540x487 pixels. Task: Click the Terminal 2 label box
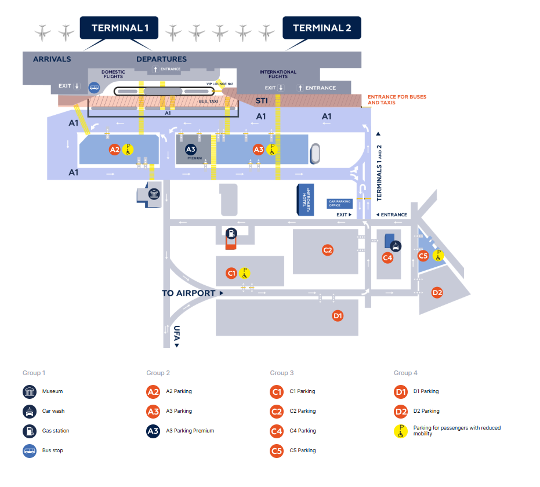pos(322,28)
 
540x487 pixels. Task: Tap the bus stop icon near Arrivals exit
pos(94,87)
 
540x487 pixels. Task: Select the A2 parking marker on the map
pos(115,150)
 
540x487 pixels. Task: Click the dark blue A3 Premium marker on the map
pos(191,150)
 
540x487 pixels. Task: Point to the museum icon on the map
pos(154,195)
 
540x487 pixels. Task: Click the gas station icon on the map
pos(231,234)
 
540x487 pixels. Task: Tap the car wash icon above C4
pos(395,245)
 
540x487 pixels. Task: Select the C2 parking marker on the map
pos(328,250)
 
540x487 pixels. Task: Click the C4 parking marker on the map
pos(387,257)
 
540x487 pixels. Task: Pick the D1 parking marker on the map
pos(338,315)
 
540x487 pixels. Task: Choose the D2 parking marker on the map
pos(437,293)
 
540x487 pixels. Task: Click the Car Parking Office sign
pos(340,203)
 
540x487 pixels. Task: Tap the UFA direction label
pos(176,335)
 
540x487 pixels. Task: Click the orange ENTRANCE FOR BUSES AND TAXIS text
pos(397,100)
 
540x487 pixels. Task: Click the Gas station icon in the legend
pos(30,431)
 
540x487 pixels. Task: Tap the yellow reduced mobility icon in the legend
pos(401,431)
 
